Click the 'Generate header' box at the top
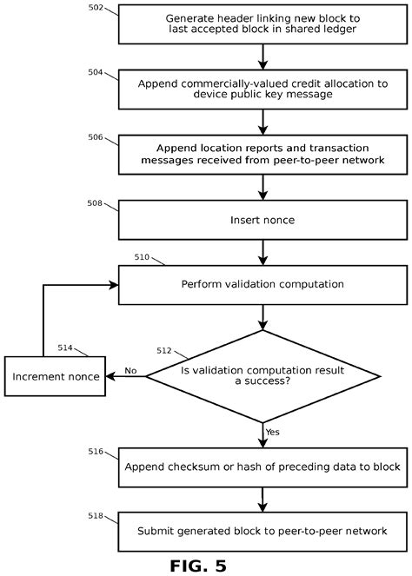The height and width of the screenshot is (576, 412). click(262, 24)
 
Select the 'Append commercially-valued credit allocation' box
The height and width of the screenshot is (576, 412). click(262, 90)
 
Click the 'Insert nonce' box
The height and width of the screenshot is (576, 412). click(262, 220)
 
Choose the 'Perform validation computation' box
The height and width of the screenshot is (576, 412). click(262, 285)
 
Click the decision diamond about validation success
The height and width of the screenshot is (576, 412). click(262, 375)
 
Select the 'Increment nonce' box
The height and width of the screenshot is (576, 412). click(54, 376)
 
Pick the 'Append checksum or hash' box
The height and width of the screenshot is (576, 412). click(262, 467)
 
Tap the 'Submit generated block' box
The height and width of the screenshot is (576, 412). click(262, 530)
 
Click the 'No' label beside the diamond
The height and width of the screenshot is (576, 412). click(130, 370)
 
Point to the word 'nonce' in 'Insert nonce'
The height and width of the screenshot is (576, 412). click(278, 220)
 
